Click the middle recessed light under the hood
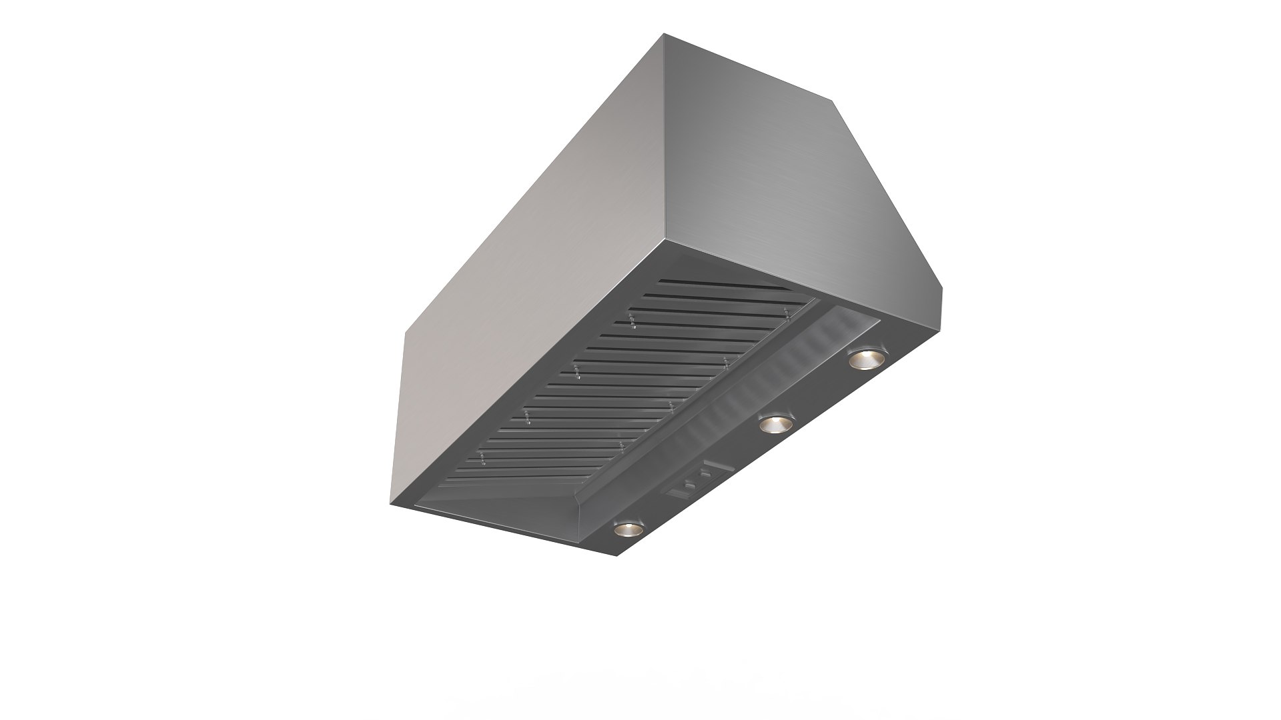pos(776,423)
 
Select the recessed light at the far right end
pos(866,359)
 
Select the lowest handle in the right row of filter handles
pos(622,445)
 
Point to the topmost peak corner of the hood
pos(665,35)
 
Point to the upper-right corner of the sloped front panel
pos(833,101)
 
